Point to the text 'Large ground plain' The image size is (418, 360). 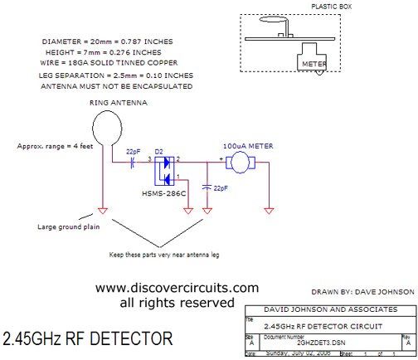click(x=67, y=226)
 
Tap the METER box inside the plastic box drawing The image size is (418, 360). click(x=312, y=60)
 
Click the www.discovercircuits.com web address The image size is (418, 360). click(x=177, y=288)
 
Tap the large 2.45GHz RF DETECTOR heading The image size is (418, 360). click(x=87, y=339)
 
